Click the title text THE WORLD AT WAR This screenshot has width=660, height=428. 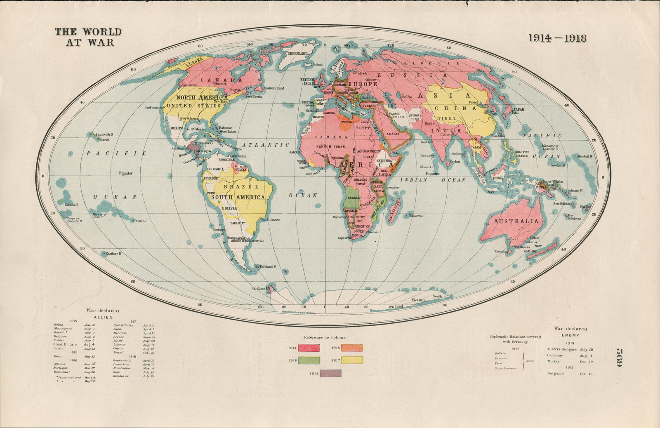click(x=88, y=36)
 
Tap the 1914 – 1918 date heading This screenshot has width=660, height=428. click(x=558, y=38)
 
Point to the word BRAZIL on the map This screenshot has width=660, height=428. click(x=236, y=186)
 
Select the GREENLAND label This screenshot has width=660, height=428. click(x=298, y=54)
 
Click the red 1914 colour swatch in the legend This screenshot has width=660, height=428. click(x=309, y=348)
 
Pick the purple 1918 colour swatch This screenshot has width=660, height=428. click(x=330, y=374)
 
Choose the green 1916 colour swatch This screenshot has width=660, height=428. click(x=309, y=360)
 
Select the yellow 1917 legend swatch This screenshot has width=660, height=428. click(x=352, y=360)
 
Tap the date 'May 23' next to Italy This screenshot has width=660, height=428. click(x=90, y=356)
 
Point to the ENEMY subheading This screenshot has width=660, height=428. click(x=570, y=335)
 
